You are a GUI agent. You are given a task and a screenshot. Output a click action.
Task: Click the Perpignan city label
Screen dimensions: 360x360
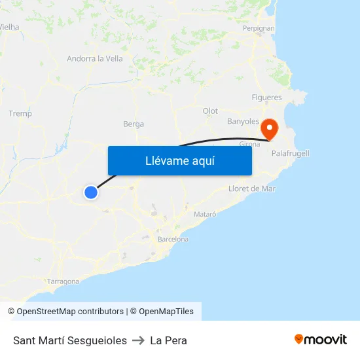(x=259, y=29)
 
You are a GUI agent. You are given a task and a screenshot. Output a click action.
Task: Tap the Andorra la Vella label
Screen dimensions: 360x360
(x=95, y=59)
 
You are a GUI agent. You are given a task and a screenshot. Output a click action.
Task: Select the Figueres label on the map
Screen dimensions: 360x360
(x=266, y=98)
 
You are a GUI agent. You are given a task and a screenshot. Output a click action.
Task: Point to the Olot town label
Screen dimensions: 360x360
(x=210, y=111)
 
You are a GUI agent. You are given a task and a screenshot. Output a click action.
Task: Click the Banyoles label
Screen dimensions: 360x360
(x=243, y=122)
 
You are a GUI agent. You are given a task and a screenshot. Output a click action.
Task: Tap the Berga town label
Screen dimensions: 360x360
(x=134, y=124)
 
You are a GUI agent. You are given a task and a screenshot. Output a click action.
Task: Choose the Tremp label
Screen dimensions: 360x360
(x=20, y=114)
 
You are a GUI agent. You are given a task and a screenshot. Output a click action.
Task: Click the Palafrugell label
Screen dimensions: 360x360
(x=290, y=153)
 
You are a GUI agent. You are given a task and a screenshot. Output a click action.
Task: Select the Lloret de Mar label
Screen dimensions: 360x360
(x=252, y=189)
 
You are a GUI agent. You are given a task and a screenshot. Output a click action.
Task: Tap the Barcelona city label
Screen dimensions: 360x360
(x=173, y=240)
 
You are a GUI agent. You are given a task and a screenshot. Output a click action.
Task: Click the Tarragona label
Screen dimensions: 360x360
(x=63, y=282)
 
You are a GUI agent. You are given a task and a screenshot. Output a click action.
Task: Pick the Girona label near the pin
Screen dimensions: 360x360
(x=250, y=144)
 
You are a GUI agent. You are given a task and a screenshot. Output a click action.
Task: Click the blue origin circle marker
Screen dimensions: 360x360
(x=91, y=192)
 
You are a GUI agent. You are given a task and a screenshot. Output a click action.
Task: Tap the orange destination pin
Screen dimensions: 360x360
(x=269, y=129)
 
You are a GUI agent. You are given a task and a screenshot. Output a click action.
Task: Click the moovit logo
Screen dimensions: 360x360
(x=320, y=340)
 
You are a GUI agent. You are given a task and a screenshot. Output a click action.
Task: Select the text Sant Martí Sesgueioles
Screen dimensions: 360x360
(x=70, y=340)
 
